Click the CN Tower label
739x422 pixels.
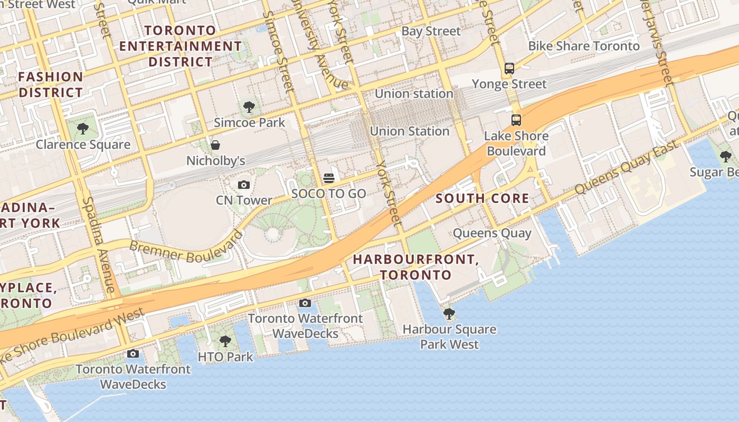pyautogui.click(x=244, y=200)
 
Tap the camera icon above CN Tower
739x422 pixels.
pyautogui.click(x=243, y=185)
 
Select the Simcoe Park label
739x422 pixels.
pyautogui.click(x=249, y=123)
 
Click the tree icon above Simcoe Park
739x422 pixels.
pyautogui.click(x=249, y=108)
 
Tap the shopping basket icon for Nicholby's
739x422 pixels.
pyautogui.click(x=215, y=145)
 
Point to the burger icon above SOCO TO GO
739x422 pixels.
pyautogui.click(x=329, y=178)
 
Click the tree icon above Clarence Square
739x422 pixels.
pyautogui.click(x=82, y=129)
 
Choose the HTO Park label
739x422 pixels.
pyautogui.click(x=225, y=357)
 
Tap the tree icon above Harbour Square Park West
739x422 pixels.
pyautogui.click(x=449, y=314)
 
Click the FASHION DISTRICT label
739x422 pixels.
pyautogui.click(x=51, y=84)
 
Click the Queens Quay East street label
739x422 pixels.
pyautogui.click(x=626, y=168)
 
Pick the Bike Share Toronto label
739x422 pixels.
pyautogui.click(x=584, y=46)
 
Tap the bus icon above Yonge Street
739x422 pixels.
pyautogui.click(x=509, y=68)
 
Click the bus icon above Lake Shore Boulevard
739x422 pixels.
pyautogui.click(x=516, y=120)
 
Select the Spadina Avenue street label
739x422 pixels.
pyautogui.click(x=99, y=245)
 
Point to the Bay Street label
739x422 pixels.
pyautogui.click(x=431, y=31)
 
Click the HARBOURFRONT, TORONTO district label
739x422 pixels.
pyautogui.click(x=415, y=267)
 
